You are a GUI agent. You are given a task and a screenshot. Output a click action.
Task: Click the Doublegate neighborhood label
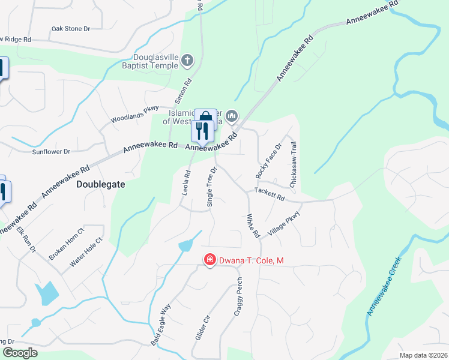pos(101,185)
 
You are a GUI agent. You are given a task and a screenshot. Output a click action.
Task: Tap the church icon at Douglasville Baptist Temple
pos(188,60)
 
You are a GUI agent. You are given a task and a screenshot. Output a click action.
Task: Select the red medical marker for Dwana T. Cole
pos(209,260)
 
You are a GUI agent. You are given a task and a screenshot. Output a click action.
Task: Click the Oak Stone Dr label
pos(70,28)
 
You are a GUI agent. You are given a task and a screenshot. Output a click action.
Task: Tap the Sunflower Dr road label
pos(51,152)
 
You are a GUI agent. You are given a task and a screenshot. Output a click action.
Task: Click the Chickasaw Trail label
pos(294,165)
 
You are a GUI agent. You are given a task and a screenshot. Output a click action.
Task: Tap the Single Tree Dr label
pos(211,187)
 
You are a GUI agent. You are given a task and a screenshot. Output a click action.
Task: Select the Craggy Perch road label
pos(238,297)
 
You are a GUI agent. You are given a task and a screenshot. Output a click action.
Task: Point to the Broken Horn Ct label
pos(67,244)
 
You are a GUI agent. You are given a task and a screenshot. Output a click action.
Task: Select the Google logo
pos(20,353)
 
